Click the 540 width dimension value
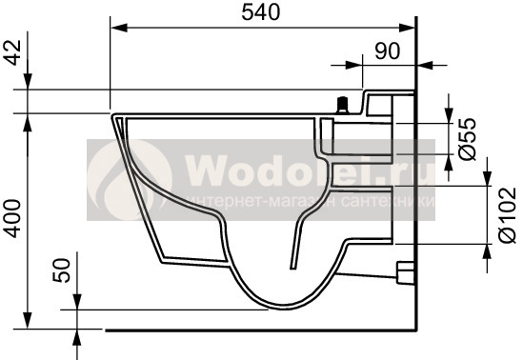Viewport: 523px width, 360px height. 261,12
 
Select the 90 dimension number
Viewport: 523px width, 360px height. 387,51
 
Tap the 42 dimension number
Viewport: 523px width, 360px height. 14,52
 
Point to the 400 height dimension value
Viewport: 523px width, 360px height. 12,218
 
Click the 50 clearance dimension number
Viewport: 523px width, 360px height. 62,270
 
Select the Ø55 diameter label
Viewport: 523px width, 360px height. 468,139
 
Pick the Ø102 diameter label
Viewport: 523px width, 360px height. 507,215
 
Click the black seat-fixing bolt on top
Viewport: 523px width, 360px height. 342,106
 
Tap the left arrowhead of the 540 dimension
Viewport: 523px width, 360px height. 119,28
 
